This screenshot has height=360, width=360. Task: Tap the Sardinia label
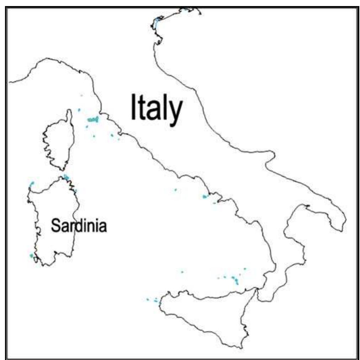(79, 225)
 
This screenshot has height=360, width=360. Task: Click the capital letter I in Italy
(133, 107)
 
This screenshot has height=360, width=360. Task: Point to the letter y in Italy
(176, 111)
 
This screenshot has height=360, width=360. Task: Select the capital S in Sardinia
(56, 225)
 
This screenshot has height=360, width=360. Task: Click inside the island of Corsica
(59, 143)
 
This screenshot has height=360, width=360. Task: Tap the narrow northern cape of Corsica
(69, 116)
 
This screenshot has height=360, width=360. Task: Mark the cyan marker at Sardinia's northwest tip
(32, 184)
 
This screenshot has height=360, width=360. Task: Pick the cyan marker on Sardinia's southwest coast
(31, 256)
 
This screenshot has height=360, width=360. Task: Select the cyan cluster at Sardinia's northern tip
(66, 177)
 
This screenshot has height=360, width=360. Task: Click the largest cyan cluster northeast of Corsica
(93, 120)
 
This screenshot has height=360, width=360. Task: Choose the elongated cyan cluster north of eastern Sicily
(236, 280)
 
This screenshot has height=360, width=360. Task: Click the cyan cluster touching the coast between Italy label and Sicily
(205, 196)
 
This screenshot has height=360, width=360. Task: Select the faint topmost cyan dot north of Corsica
(81, 95)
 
